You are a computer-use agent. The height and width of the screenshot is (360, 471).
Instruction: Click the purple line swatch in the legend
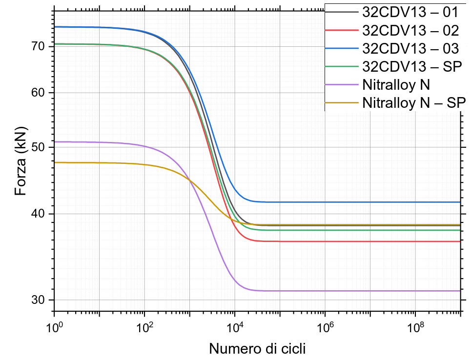[x=343, y=84]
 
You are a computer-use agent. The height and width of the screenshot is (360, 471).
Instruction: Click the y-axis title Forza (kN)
[x=20, y=161]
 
